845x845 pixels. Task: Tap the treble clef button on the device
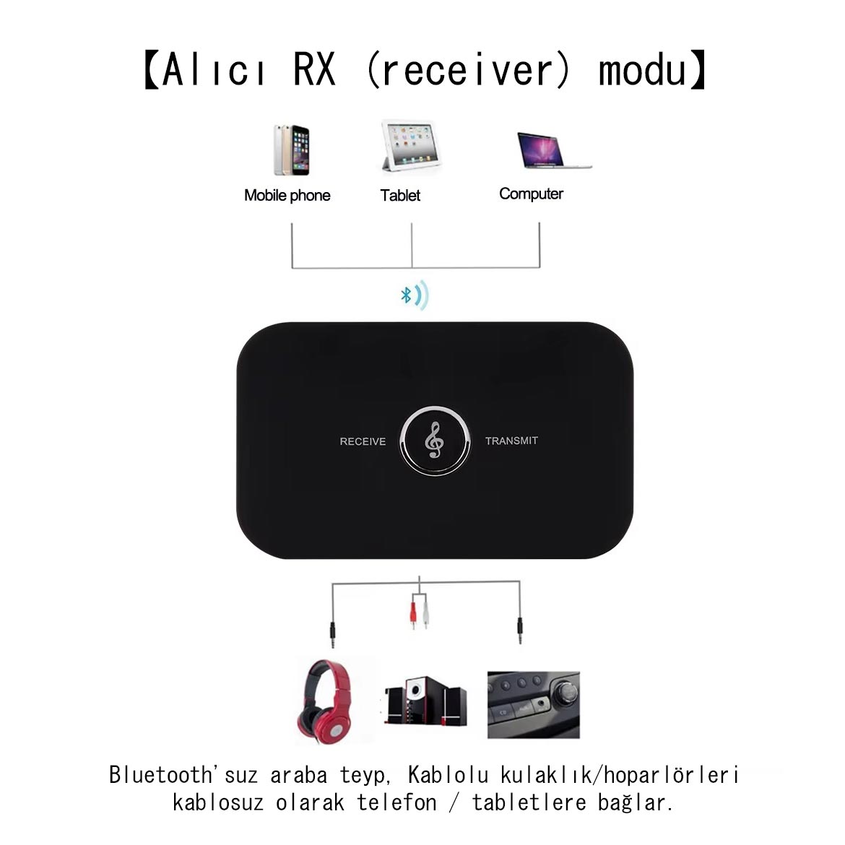[x=435, y=441]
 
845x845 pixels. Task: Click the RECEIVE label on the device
[x=363, y=441]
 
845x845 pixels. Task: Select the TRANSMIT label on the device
[x=511, y=441]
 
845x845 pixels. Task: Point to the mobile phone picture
[x=291, y=150]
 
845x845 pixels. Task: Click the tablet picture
[x=408, y=147]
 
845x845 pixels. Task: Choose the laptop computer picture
[x=551, y=151]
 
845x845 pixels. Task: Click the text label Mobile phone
[x=287, y=195]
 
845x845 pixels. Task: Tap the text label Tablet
[x=400, y=195]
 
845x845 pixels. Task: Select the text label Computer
[x=531, y=194]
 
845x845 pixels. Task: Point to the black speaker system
[x=425, y=703]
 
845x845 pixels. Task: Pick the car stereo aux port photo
[x=533, y=704]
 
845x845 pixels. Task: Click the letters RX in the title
[x=314, y=70]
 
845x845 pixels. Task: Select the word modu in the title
[x=642, y=70]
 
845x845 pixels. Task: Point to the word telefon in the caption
[x=396, y=802]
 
